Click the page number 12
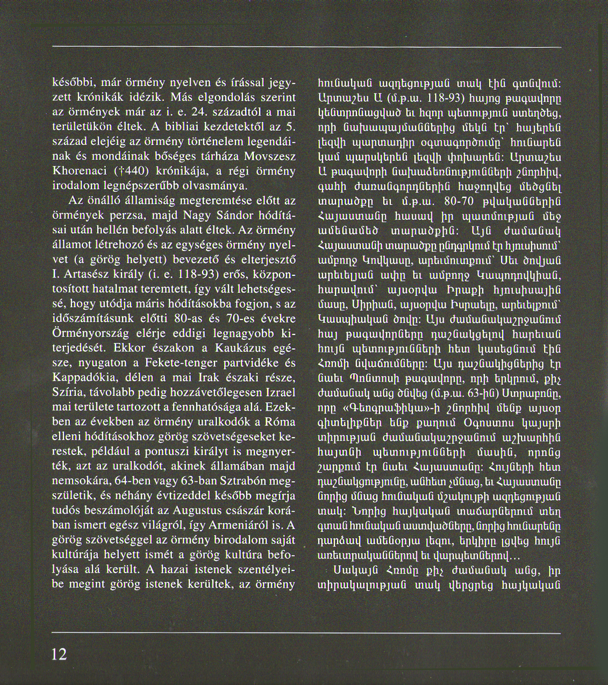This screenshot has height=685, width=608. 59,654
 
